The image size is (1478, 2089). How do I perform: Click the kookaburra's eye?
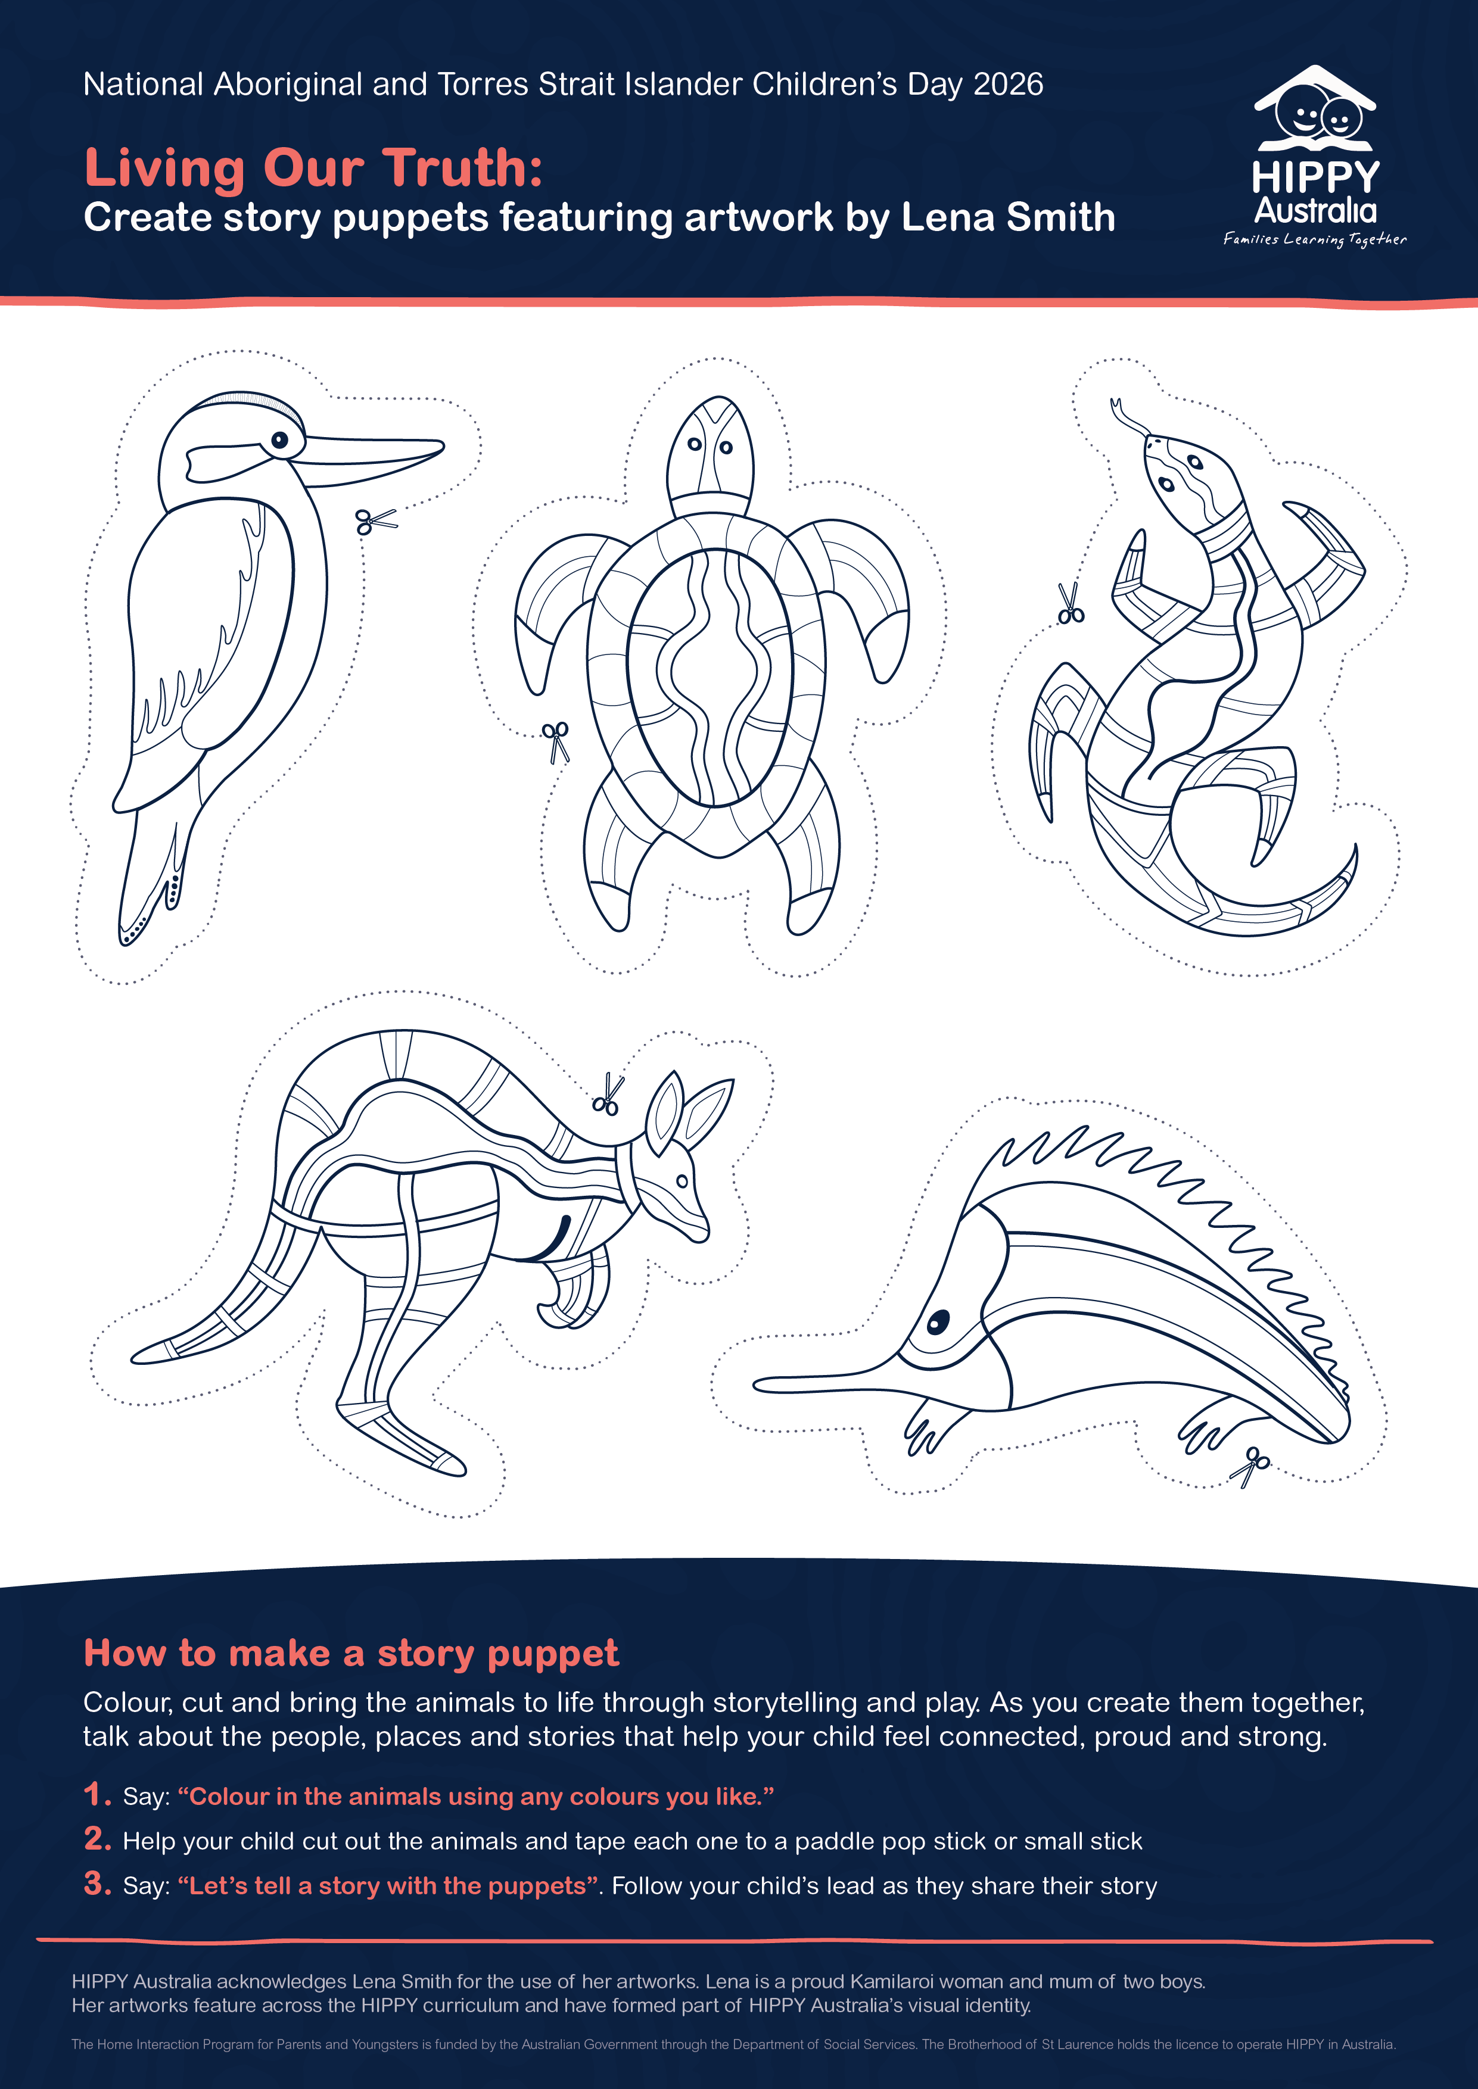point(279,440)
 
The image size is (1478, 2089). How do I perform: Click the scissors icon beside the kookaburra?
point(376,521)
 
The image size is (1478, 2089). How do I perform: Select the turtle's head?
point(710,448)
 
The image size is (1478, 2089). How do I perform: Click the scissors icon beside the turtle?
point(555,741)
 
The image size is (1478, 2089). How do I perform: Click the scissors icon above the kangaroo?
point(607,1095)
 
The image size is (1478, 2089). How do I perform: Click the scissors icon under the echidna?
point(1250,1466)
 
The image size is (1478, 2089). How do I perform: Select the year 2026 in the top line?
point(1007,84)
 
